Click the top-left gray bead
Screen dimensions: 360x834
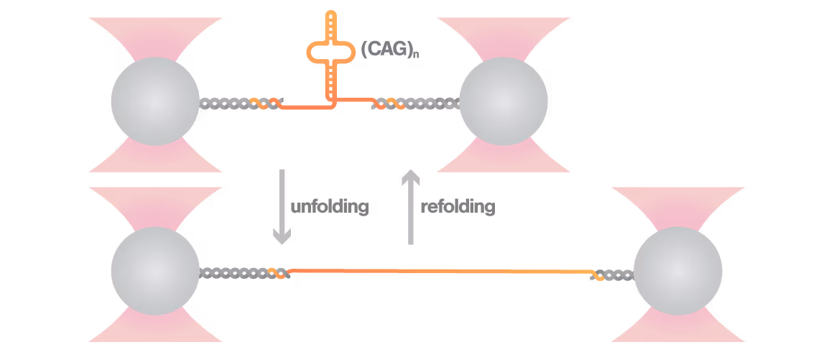[155, 101]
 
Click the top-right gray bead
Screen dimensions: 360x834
[503, 101]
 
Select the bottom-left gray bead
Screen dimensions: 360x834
[155, 271]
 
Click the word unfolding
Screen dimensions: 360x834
[330, 207]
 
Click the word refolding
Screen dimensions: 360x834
[458, 207]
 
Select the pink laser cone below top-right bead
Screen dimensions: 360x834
[503, 158]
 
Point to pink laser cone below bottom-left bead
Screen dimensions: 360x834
[155, 327]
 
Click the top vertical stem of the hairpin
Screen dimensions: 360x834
[330, 25]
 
